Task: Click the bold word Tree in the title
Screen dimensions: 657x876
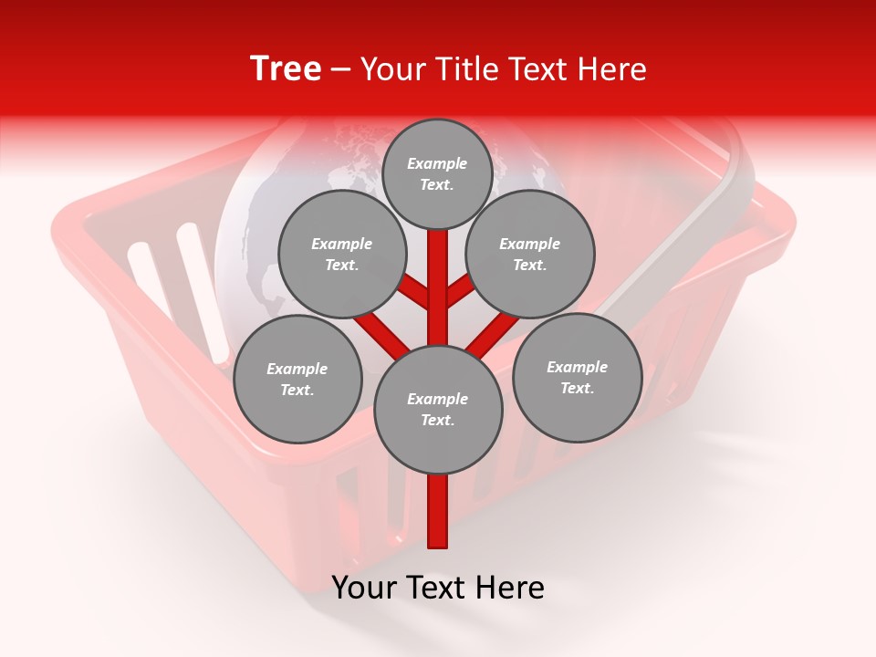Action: pos(286,68)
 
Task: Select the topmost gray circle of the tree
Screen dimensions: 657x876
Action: pos(437,173)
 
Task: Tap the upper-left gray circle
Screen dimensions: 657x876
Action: pos(342,254)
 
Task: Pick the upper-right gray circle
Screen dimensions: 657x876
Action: pos(530,254)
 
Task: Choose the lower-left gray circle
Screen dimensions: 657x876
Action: pos(297,379)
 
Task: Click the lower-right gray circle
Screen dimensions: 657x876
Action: pos(578,377)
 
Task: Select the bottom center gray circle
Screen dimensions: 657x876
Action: pos(438,410)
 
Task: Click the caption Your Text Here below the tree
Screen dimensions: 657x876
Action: pos(438,588)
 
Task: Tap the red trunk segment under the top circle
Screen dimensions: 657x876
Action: pos(438,274)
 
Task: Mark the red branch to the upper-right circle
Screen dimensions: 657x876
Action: pos(462,290)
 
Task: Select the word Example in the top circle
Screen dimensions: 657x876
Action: pos(437,163)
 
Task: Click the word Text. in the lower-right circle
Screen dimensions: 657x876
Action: pos(577,388)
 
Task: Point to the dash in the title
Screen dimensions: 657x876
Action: pos(341,69)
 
